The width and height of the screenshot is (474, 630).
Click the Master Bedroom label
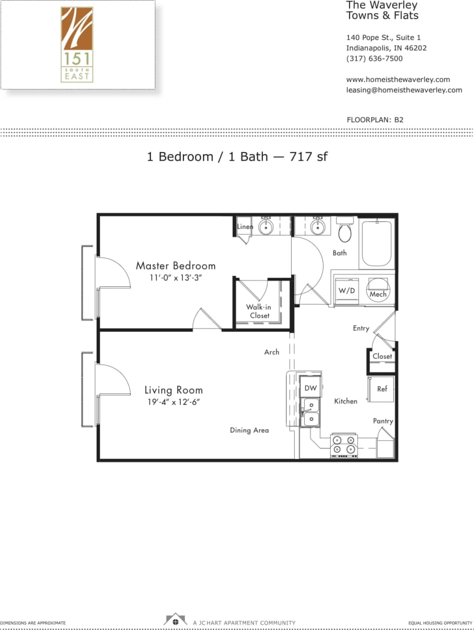[x=175, y=266]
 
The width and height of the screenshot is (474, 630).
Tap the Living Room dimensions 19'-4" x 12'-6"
[x=173, y=402]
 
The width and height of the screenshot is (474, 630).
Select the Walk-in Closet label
[x=259, y=311]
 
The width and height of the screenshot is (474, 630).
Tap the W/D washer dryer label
[x=346, y=291]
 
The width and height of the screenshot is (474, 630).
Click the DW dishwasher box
[x=310, y=388]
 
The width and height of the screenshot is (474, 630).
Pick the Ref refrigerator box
[x=382, y=389]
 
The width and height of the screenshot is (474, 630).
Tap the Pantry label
[x=383, y=421]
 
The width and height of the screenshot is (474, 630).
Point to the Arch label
[x=272, y=352]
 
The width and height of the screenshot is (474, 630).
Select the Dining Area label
[x=249, y=430]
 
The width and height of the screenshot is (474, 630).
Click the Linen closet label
[x=245, y=226]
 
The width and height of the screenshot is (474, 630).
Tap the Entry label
[x=361, y=328]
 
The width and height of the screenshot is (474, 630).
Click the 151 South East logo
[x=77, y=44]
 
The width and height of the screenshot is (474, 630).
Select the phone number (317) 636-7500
[x=374, y=58]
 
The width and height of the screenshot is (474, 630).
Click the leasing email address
[x=404, y=90]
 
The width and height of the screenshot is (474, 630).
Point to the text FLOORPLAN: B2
[x=375, y=120]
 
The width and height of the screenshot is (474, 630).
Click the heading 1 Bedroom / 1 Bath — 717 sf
[x=237, y=157]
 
